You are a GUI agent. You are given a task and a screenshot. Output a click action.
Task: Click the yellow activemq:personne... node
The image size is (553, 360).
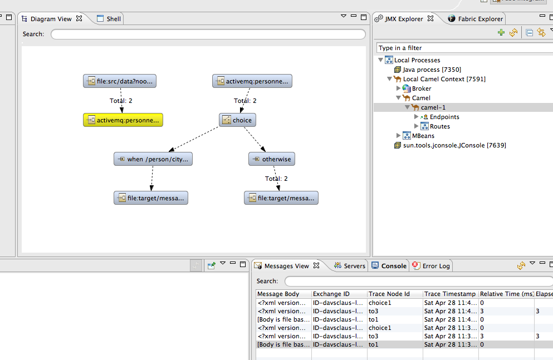point(123,120)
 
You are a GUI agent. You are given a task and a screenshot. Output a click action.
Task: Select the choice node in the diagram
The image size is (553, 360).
point(237,120)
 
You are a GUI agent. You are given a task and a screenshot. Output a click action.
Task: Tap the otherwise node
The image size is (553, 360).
point(271,159)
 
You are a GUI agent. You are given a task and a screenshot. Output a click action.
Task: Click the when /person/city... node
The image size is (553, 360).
point(153,159)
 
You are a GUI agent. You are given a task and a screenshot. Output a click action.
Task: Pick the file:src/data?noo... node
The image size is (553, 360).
point(120,81)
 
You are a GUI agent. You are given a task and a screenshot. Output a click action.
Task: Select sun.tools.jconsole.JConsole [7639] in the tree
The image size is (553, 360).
point(454,145)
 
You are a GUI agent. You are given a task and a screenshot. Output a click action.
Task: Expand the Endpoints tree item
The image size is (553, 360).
point(417,117)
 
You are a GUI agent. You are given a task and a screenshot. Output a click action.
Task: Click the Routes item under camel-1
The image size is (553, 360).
point(439,126)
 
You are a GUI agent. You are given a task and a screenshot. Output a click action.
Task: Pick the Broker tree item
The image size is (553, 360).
point(422,88)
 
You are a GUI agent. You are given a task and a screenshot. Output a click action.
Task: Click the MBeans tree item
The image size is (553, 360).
point(423,136)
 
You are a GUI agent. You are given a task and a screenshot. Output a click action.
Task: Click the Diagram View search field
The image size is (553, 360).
point(208,34)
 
